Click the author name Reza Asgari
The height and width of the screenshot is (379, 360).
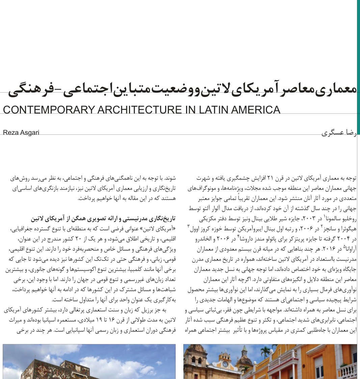(x=21, y=132)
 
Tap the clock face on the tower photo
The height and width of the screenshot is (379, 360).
(x=225, y=364)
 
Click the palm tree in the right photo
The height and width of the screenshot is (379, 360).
(x=266, y=352)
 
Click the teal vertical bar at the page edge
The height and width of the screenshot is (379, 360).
(x=358, y=68)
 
